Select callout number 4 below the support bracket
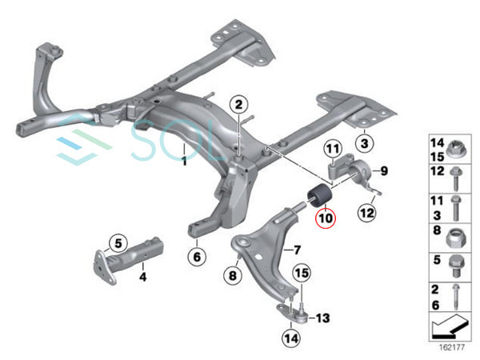(144, 278)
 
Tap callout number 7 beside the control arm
(296, 250)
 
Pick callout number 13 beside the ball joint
(322, 318)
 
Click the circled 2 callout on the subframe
(239, 104)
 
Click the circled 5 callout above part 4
(118, 242)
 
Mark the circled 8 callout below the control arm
(232, 276)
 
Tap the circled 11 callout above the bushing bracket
(332, 150)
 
